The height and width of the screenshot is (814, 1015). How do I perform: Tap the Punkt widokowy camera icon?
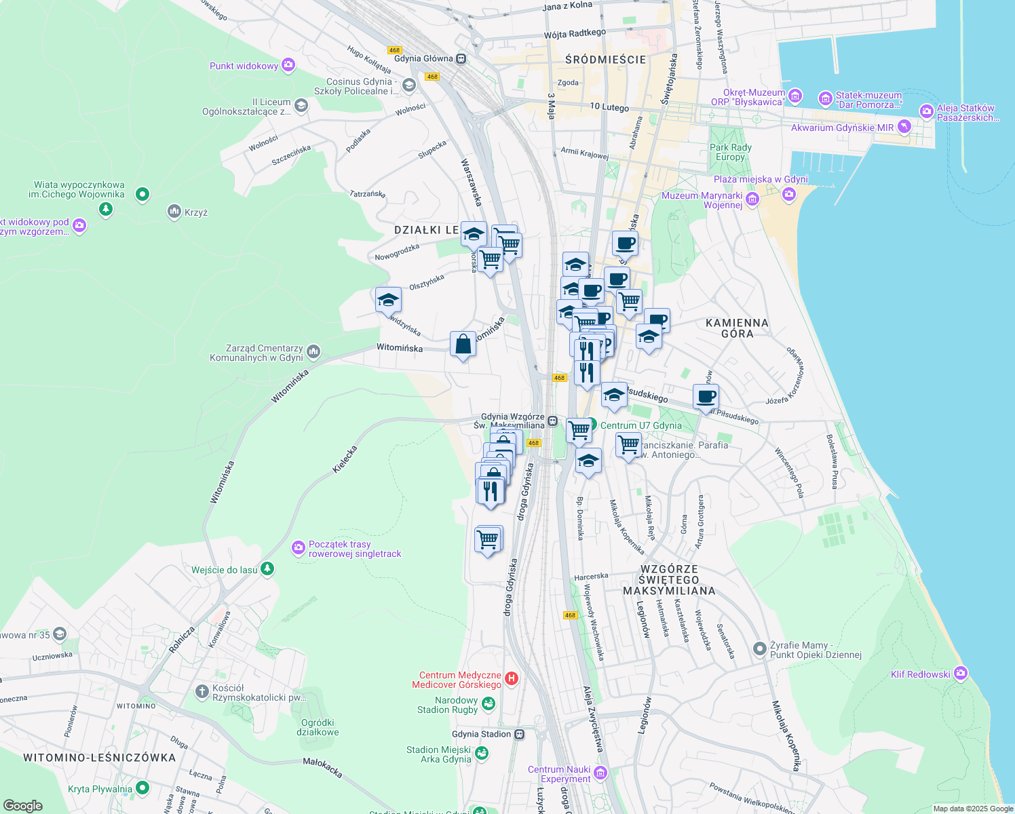tap(288, 65)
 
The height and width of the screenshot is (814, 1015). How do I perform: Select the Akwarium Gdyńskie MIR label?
tap(842, 128)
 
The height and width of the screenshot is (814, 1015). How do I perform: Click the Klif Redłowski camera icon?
tap(960, 674)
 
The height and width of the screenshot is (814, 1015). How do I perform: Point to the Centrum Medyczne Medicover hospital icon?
tap(512, 678)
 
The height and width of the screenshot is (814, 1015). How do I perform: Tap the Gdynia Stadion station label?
tap(481, 734)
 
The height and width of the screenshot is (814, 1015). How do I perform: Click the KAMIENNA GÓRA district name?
tap(737, 328)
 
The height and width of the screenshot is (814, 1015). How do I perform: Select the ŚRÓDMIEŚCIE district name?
tap(605, 60)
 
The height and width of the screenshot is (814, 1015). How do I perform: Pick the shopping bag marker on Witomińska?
tap(463, 345)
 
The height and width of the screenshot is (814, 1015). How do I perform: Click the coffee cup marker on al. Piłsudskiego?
tap(706, 397)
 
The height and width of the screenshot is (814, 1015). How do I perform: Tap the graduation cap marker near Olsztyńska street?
tap(388, 300)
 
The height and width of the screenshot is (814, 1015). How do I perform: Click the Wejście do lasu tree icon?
tap(267, 568)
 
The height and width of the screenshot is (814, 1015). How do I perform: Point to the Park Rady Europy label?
tap(730, 152)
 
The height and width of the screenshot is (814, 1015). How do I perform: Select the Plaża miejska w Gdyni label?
tap(761, 179)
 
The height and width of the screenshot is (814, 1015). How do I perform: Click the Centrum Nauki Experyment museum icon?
tap(600, 773)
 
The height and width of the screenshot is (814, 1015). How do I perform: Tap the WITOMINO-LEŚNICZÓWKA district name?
tap(100, 758)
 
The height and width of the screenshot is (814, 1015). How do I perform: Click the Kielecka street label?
tap(345, 459)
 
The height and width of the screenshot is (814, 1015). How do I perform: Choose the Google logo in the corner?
tap(22, 805)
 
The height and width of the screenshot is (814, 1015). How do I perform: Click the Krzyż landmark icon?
tap(174, 212)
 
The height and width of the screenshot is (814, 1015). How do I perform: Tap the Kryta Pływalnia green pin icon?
tap(142, 788)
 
